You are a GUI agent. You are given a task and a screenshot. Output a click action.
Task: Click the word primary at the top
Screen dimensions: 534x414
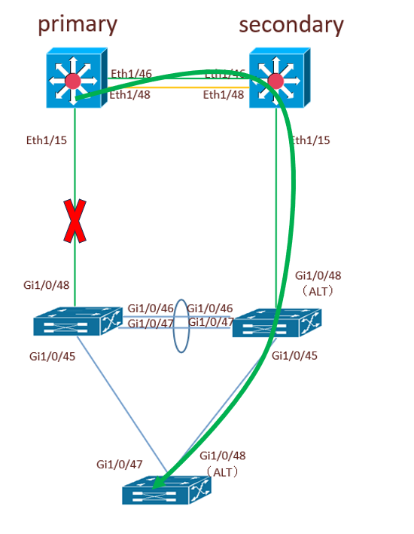(78, 24)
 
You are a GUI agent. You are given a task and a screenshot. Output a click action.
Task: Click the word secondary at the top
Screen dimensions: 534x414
(291, 24)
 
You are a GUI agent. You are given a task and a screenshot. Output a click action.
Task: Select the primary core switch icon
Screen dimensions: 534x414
(72, 78)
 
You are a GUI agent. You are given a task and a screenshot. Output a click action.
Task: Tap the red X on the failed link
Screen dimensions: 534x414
(75, 221)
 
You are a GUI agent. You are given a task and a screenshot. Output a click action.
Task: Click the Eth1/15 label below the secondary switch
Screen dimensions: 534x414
(310, 140)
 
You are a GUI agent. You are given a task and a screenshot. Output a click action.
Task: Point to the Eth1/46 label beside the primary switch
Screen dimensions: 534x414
(131, 74)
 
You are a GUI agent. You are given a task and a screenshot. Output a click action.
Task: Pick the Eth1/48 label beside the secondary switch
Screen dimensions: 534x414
(224, 95)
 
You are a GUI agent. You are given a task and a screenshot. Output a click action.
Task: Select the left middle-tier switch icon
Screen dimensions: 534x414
(77, 323)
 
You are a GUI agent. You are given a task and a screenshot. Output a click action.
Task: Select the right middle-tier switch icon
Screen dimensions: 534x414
(276, 323)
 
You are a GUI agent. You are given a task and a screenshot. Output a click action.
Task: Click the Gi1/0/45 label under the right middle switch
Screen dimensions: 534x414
(294, 354)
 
